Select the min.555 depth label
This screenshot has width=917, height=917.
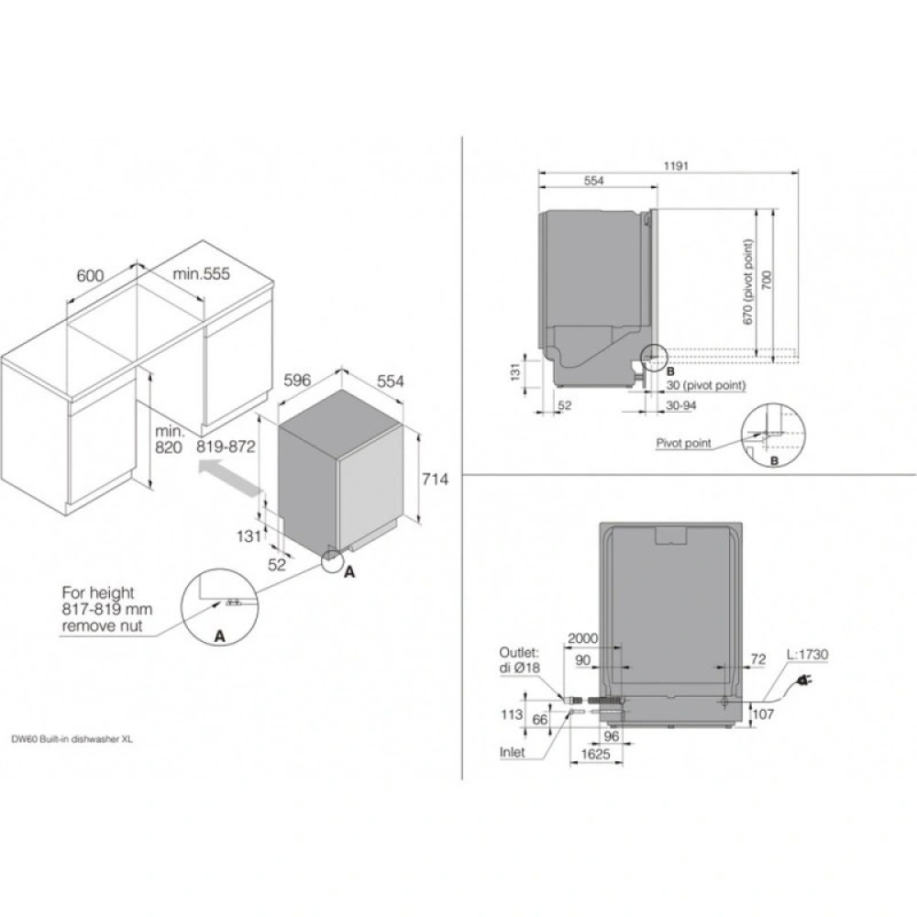(202, 274)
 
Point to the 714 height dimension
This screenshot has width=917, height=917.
(435, 479)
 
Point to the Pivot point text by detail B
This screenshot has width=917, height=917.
(683, 443)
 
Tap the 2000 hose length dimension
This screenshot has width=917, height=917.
(583, 638)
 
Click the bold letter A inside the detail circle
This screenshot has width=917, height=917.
(218, 635)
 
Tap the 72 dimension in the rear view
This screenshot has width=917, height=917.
(757, 660)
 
